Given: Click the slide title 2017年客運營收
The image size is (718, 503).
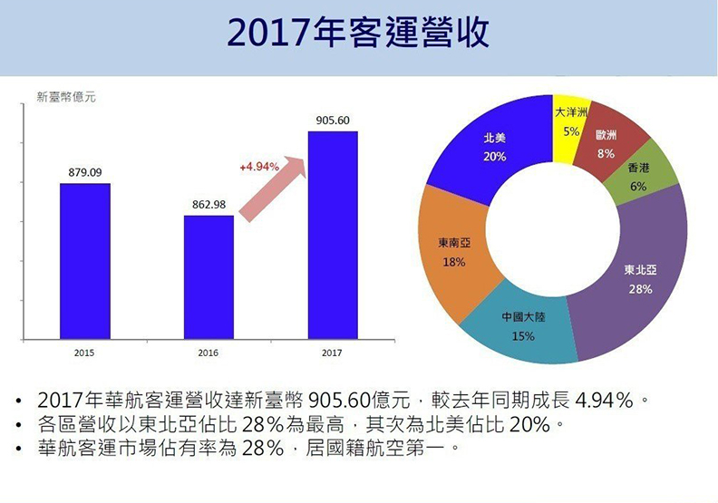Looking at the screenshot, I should [x=358, y=34].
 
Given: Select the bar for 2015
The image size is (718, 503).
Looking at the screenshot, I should [x=85, y=259].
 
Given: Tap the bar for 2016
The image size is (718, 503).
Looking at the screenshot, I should [x=209, y=276].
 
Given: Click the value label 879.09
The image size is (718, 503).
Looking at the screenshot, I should [x=85, y=172].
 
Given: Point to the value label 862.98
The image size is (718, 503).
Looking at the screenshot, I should [x=209, y=205].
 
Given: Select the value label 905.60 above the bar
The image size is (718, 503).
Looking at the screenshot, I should [x=333, y=120].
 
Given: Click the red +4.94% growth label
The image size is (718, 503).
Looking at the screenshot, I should [x=258, y=167].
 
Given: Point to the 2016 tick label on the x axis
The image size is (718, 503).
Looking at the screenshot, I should [x=209, y=352].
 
